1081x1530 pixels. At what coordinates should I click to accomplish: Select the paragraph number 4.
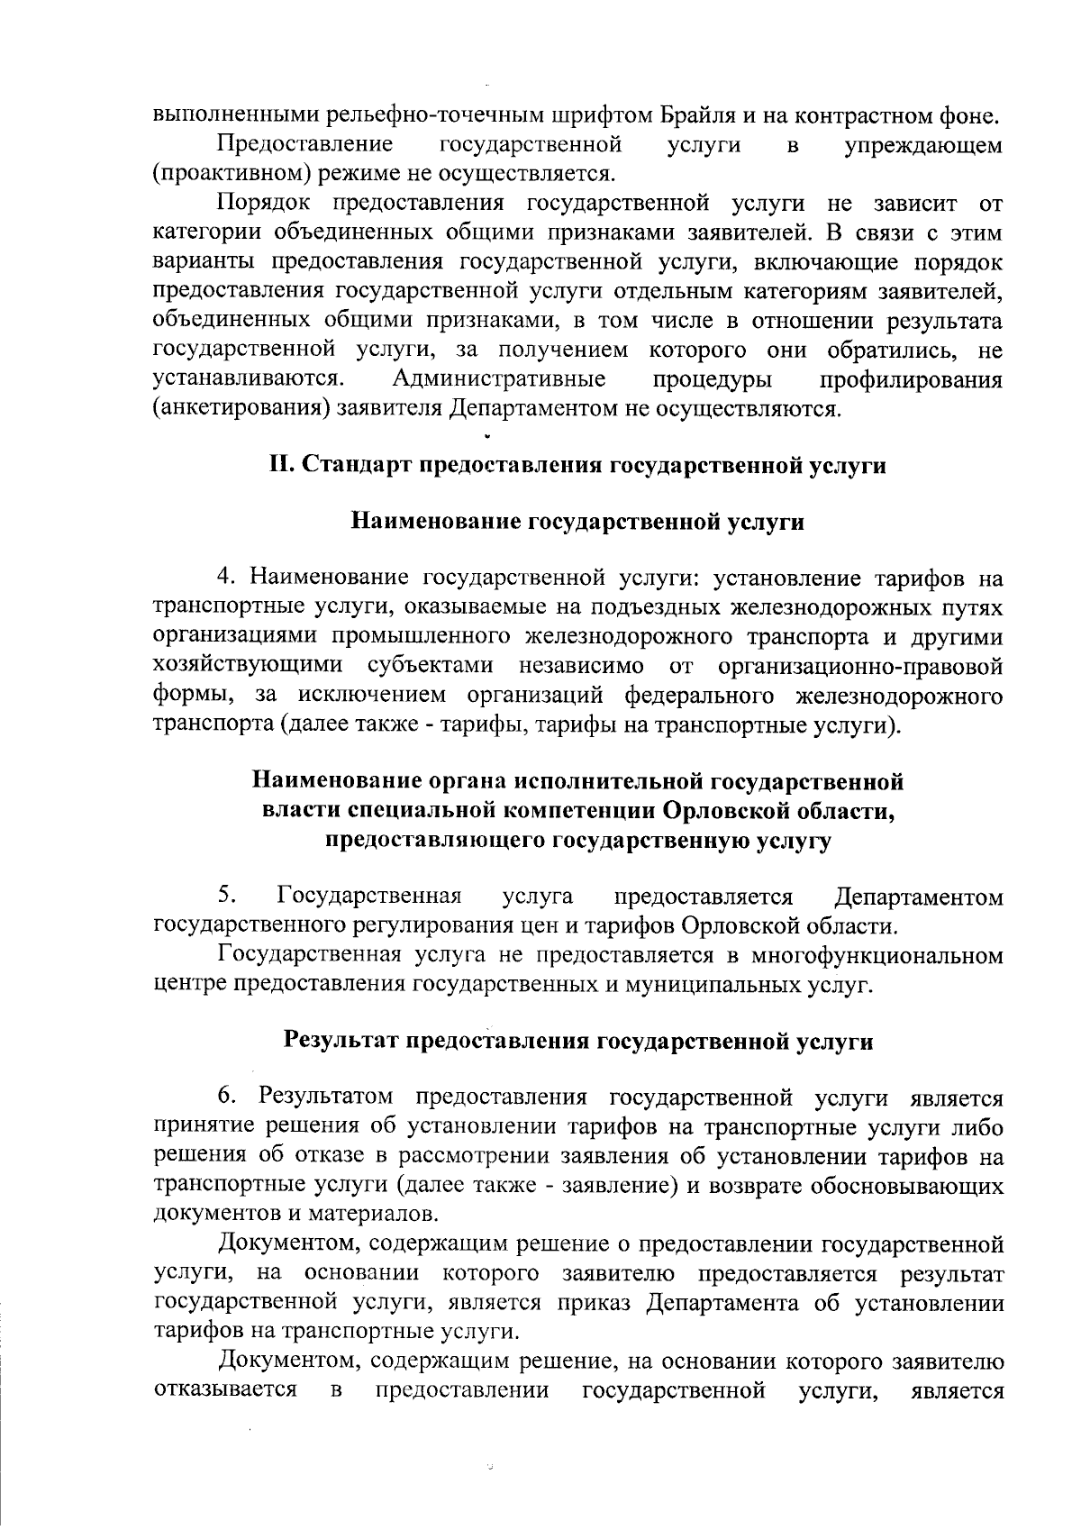coord(225,577)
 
